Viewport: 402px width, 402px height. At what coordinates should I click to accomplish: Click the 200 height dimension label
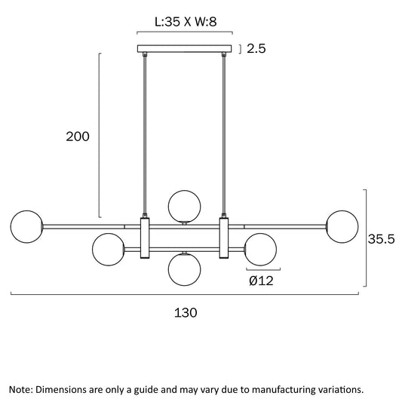[78, 137]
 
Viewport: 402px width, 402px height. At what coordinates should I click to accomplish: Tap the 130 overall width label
[186, 313]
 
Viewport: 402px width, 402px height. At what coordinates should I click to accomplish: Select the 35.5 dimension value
[381, 239]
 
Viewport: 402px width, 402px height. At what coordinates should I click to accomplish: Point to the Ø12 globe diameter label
[261, 281]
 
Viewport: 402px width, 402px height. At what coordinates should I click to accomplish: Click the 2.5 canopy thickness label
[256, 48]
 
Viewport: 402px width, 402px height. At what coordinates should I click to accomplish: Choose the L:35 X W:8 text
[186, 22]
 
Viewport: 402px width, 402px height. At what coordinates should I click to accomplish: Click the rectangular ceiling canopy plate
[184, 49]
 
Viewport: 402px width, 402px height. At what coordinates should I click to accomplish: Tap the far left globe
[26, 226]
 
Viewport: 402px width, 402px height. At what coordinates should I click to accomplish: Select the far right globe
[342, 226]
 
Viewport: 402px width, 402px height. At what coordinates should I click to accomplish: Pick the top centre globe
[184, 207]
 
